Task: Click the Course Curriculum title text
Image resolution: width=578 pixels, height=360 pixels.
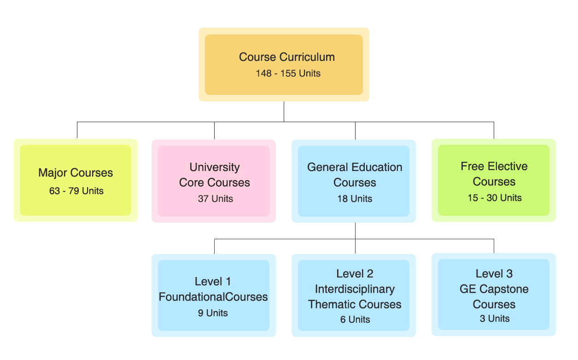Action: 286,57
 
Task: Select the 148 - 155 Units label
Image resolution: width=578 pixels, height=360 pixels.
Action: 288,73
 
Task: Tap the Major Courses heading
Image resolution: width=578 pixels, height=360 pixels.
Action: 76,173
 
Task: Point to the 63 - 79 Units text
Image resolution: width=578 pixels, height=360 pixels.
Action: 76,191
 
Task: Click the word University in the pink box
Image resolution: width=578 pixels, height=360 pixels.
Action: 215,167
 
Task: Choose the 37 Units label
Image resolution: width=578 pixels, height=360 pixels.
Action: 216,199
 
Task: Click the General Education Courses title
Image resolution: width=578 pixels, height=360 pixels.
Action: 355,174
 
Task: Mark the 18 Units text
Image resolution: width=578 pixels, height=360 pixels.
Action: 355,199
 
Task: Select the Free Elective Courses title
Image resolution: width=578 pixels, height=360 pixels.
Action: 494,174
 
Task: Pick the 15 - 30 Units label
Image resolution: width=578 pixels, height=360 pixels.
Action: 495,198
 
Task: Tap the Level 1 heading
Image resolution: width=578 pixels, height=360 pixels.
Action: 213,281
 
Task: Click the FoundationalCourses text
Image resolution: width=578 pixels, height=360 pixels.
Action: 213,297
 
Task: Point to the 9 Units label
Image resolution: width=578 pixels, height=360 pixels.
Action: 213,313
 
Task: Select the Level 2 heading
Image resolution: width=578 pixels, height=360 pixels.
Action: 355,274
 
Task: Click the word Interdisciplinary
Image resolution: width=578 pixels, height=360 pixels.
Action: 355,289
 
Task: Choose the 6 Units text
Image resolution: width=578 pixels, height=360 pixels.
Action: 355,319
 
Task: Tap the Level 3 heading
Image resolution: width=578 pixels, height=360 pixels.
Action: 494,274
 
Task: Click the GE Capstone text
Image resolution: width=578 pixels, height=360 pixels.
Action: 494,289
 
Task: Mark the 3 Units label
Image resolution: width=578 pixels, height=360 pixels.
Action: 495,319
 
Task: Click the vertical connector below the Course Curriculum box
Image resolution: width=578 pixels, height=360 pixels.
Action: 284,112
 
